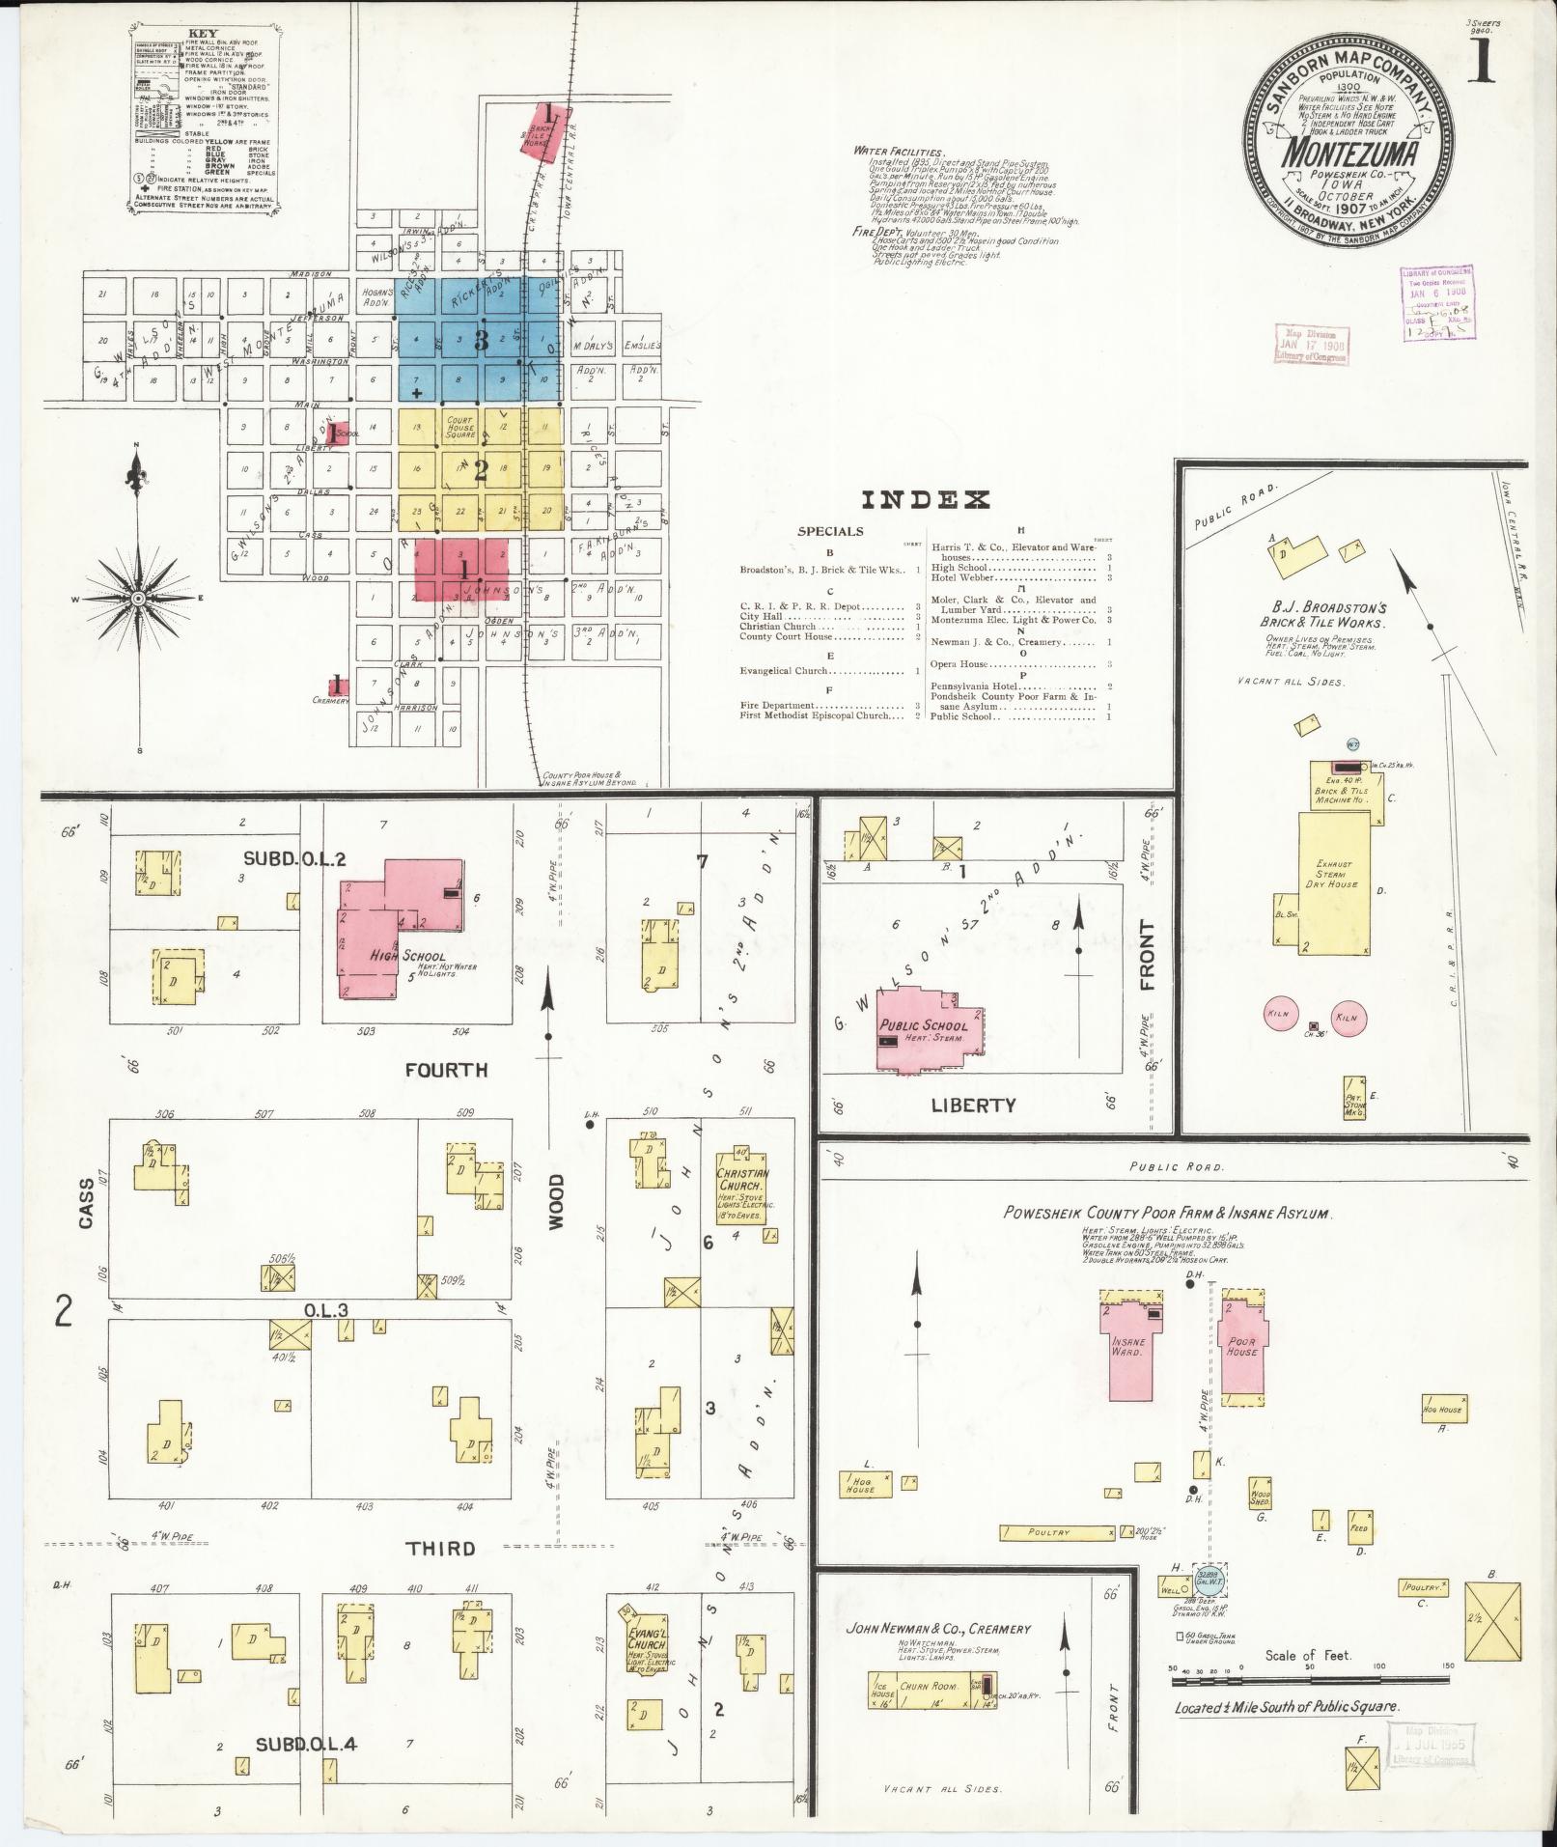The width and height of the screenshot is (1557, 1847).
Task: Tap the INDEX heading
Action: click(925, 500)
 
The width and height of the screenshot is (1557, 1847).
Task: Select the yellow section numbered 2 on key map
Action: click(480, 469)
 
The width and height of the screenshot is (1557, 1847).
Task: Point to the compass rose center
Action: click(138, 599)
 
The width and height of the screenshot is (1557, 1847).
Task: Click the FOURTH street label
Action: click(446, 1070)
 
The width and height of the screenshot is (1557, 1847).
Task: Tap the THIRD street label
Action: click(440, 1549)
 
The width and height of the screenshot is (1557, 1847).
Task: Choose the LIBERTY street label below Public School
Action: click(973, 1105)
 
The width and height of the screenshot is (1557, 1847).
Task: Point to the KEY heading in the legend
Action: click(205, 33)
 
